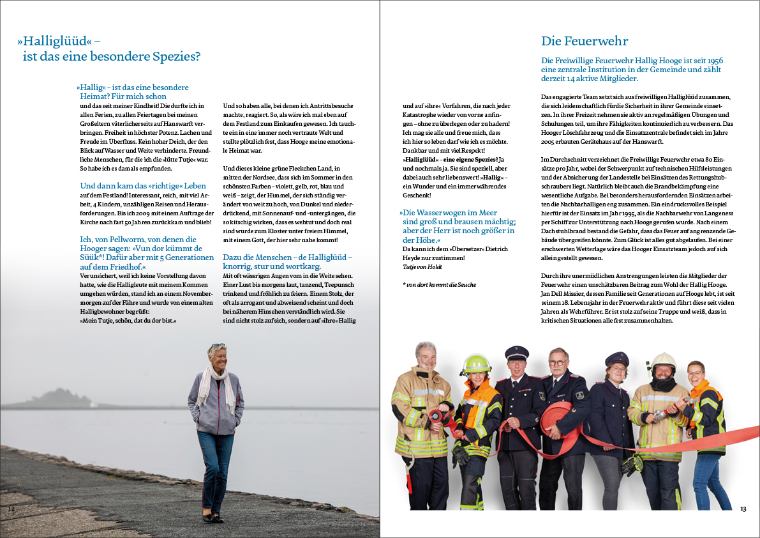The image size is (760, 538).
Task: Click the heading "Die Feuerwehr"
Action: (585, 42)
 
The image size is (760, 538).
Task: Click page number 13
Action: (743, 509)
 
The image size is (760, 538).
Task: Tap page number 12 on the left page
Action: (11, 509)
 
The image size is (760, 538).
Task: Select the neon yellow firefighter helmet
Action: (476, 364)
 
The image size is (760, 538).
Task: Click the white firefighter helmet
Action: (664, 361)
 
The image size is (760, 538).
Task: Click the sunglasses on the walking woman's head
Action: (216, 347)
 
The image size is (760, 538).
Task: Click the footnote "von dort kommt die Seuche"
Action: (441, 284)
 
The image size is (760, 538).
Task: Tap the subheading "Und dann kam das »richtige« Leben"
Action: (134, 186)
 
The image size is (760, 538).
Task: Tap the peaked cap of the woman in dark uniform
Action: (617, 358)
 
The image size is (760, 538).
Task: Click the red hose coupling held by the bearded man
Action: (438, 417)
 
